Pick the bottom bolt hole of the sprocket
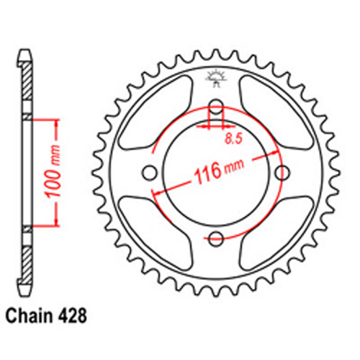(216, 238)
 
